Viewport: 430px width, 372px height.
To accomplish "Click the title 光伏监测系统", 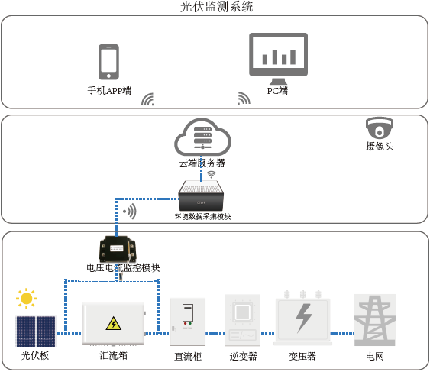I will click(x=216, y=7).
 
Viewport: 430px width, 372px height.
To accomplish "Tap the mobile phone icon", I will click(x=108, y=62).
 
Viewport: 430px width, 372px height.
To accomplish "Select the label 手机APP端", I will click(x=109, y=90).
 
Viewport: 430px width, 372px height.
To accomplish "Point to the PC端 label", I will click(x=277, y=90).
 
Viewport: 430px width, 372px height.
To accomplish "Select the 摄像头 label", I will click(x=380, y=146).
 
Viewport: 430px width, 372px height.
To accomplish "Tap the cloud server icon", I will click(x=202, y=137).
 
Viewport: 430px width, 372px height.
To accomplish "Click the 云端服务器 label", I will click(x=202, y=163).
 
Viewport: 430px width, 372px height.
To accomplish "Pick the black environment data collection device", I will click(x=202, y=196).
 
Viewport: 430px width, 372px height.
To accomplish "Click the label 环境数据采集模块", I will click(x=202, y=216).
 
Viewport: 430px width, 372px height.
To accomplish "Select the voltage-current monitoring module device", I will click(x=122, y=247).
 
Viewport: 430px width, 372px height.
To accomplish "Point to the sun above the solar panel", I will click(x=27, y=298).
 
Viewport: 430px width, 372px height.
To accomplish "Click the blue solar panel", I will click(x=36, y=331).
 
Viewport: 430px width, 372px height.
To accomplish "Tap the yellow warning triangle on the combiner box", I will click(x=113, y=323).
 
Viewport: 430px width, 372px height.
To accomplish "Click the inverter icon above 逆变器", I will click(x=243, y=321).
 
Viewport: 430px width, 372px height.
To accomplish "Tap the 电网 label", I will click(x=374, y=356).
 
